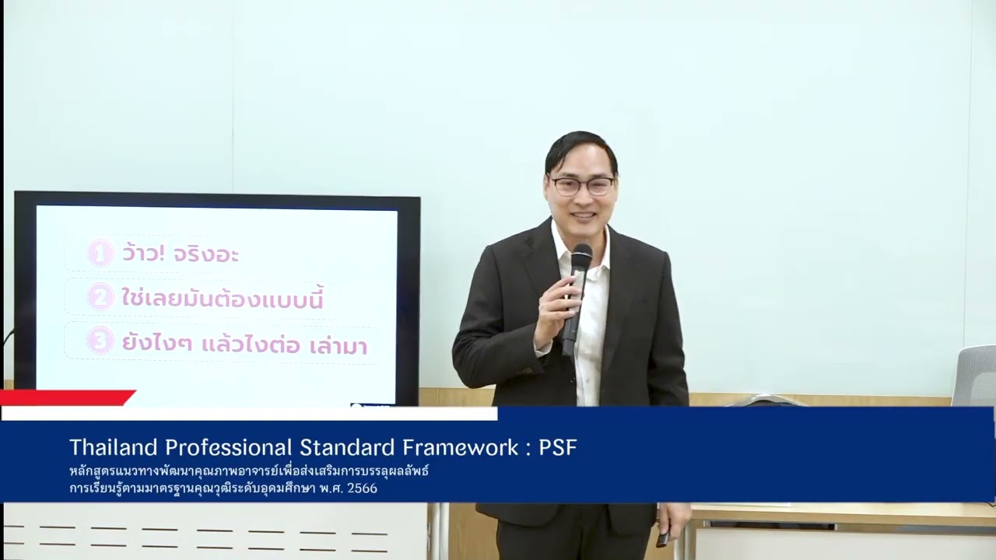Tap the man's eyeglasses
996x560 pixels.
point(581,186)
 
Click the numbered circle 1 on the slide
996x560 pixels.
point(100,254)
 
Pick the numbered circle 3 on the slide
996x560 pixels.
point(100,341)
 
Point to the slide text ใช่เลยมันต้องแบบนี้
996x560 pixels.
point(222,298)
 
